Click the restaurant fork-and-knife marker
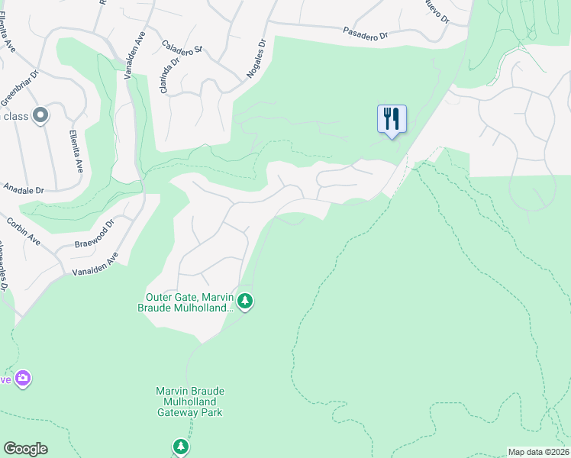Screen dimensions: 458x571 392,120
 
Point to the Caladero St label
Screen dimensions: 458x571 181,48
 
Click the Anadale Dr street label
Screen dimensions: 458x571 24,188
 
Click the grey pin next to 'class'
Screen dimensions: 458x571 40,116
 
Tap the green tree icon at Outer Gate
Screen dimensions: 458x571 244,302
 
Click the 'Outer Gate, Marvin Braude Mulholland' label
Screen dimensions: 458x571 189,302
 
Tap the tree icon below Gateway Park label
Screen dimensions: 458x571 180,446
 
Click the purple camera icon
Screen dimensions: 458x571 23,379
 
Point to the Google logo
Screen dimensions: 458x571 25,449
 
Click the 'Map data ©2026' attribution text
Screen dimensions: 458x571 539,452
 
